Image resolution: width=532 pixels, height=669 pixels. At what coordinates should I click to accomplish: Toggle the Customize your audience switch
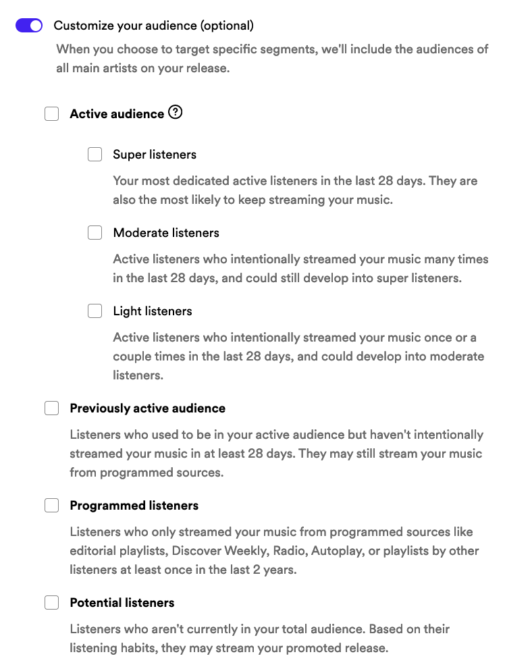(29, 26)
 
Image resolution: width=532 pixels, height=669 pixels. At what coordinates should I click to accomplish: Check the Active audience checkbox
(52, 114)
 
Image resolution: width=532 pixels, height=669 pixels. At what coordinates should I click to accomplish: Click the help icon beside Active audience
(176, 113)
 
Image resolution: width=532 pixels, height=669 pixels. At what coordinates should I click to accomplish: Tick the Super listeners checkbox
(95, 155)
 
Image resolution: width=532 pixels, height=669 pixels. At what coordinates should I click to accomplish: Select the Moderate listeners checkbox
(95, 233)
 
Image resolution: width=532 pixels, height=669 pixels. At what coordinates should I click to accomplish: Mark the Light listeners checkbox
(95, 311)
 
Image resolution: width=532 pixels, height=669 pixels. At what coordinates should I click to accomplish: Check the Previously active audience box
(52, 408)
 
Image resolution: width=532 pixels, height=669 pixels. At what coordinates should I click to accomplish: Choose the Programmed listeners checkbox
(52, 506)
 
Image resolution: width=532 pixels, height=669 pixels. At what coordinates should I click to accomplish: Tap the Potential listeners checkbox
(52, 603)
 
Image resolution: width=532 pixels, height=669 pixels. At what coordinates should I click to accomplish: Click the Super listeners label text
(155, 155)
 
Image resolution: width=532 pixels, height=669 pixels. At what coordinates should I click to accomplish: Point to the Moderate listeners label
(166, 233)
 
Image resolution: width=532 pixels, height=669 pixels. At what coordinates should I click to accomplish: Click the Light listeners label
(153, 311)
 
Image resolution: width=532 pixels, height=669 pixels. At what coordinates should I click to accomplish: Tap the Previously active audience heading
(147, 408)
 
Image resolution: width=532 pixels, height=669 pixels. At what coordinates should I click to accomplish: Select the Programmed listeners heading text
(134, 506)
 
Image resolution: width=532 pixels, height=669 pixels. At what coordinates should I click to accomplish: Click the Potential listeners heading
(122, 603)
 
